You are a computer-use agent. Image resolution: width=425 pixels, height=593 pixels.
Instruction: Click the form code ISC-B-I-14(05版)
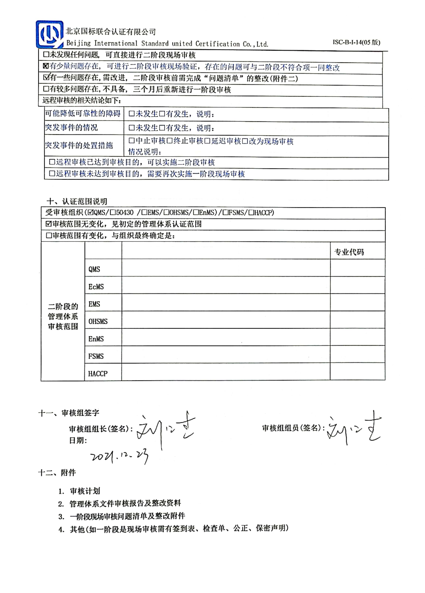[x=356, y=42]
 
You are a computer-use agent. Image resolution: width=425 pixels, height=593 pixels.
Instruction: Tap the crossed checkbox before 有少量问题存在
[x=46, y=66]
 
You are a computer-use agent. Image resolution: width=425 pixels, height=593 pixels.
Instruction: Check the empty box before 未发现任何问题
[x=46, y=55]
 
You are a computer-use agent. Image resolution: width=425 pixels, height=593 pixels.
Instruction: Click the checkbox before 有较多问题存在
[x=46, y=89]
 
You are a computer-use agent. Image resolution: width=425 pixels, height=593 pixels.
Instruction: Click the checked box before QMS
[x=90, y=213]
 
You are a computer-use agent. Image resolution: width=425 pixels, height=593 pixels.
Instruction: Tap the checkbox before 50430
[x=113, y=213]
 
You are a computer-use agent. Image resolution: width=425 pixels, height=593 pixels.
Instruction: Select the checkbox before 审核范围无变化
[x=49, y=224]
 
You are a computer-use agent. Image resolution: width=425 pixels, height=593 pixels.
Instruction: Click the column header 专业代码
[x=349, y=252]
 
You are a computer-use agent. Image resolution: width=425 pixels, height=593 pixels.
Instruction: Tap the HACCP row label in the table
[x=98, y=374]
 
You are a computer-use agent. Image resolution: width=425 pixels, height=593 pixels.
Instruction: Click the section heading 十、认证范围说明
[x=77, y=201]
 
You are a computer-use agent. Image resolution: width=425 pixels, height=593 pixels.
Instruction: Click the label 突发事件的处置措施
[x=79, y=145]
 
